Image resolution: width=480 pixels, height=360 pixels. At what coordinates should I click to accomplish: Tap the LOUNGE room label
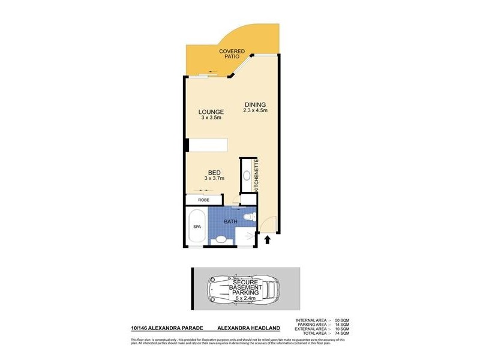click(x=211, y=112)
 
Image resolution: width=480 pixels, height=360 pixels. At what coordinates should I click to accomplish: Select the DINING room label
click(x=255, y=105)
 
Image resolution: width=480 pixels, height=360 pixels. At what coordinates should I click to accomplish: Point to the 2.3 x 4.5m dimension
click(x=255, y=111)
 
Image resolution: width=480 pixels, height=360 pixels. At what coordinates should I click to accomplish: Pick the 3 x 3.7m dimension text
click(x=214, y=178)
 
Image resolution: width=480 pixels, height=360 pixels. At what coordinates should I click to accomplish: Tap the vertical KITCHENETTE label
click(x=257, y=175)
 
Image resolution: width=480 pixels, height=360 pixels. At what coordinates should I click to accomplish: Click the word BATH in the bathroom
click(x=231, y=221)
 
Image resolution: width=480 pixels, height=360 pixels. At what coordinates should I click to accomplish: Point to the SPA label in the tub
click(x=196, y=227)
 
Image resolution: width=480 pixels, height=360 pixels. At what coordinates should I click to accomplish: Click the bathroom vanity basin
click(x=221, y=239)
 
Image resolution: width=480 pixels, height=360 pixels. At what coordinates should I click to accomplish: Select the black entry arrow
click(x=268, y=240)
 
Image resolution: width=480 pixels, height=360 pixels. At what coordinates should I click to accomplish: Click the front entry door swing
click(x=268, y=225)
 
